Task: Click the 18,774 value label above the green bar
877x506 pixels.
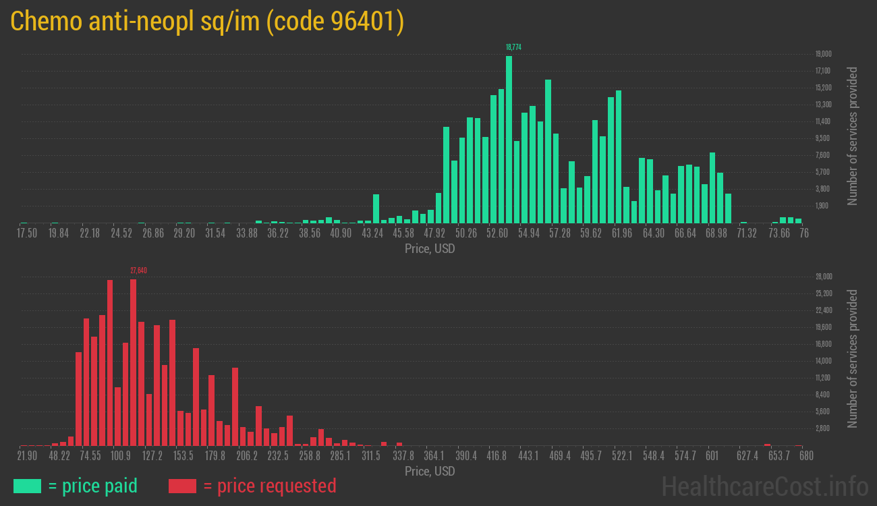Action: (513, 47)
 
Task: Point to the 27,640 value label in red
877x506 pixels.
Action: (138, 271)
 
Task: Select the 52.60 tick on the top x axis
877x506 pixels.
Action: (498, 233)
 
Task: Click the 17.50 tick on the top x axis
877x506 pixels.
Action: (28, 233)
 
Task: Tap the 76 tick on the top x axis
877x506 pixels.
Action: (804, 233)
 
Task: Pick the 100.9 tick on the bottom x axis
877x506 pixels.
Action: (121, 456)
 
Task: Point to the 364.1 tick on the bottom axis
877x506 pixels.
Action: (434, 456)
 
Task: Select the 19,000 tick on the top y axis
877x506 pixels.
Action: (823, 54)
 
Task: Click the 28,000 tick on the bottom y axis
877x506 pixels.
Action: (823, 277)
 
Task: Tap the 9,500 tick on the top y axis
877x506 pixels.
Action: (823, 138)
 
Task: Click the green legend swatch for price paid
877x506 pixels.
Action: (27, 486)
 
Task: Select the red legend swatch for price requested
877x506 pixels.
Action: (182, 486)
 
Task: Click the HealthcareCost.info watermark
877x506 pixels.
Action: (764, 486)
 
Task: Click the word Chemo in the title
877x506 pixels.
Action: (47, 22)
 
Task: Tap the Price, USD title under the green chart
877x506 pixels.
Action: (430, 249)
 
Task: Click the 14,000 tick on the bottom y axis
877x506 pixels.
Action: (823, 361)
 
